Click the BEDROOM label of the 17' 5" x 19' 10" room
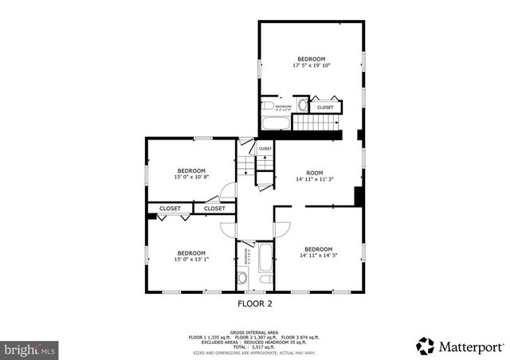[x=311, y=59]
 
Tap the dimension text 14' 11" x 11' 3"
[x=314, y=179]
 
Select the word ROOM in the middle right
[x=315, y=173]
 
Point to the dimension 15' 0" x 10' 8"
[x=191, y=177]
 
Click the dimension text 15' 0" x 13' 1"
[x=191, y=259]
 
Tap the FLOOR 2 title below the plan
[x=255, y=303]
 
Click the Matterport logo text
[x=471, y=346]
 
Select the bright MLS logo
[x=29, y=349]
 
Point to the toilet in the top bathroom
[x=269, y=105]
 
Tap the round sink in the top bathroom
[x=303, y=104]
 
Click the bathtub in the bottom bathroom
[x=265, y=268]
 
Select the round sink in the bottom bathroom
[x=242, y=278]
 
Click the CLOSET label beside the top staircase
[x=325, y=107]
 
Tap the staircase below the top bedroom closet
[x=316, y=123]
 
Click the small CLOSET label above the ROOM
[x=265, y=148]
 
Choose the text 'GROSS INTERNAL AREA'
[x=254, y=331]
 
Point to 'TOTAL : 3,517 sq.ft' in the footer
[x=254, y=346]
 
